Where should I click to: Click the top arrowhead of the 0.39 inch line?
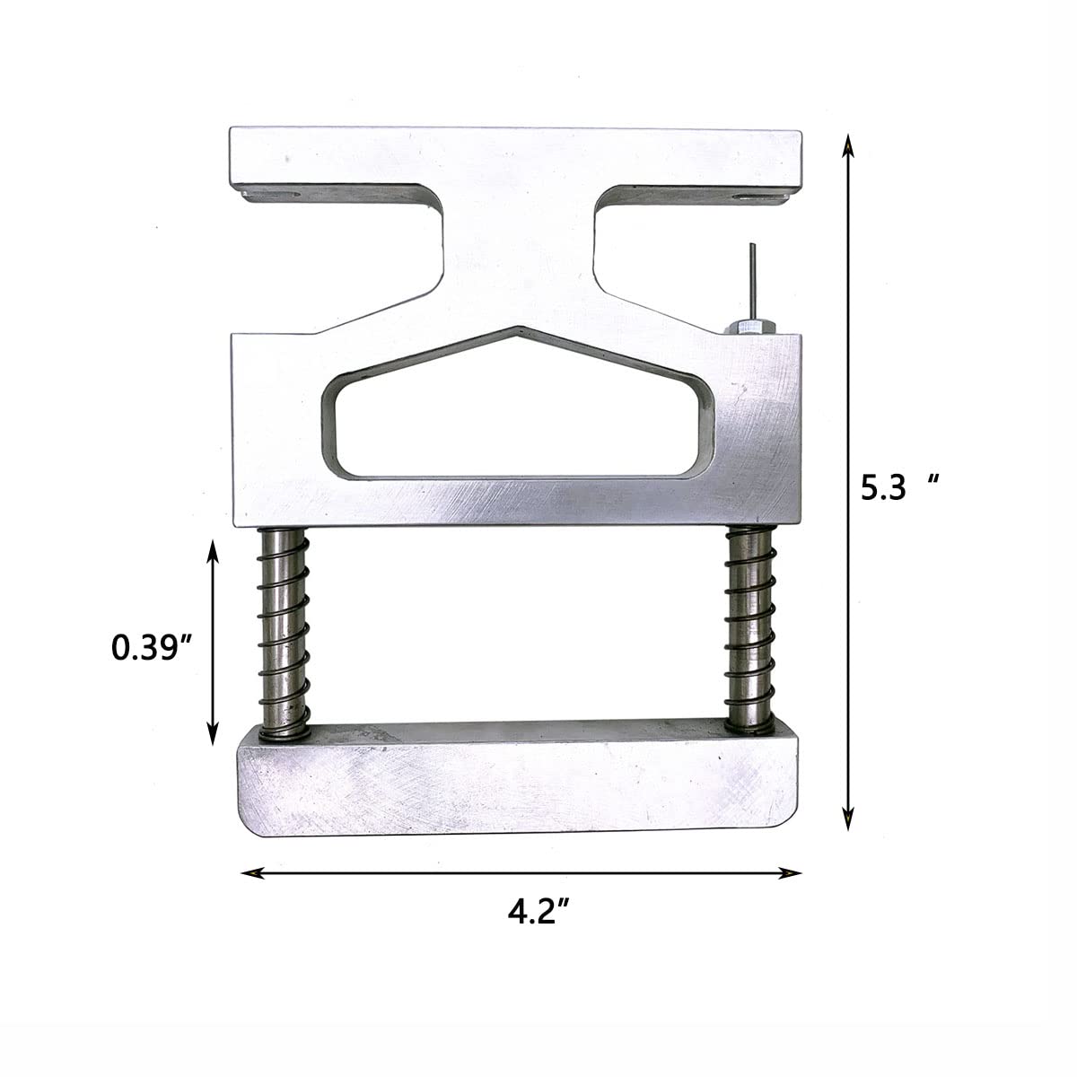(213, 547)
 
